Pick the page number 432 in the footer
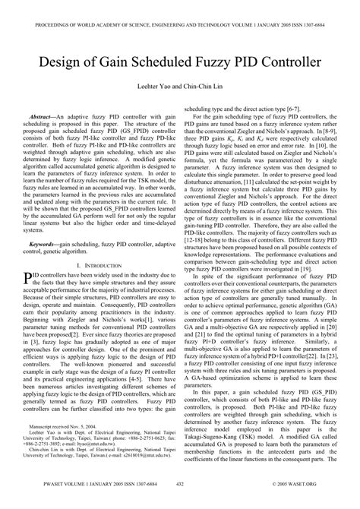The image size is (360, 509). point(180,502)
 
